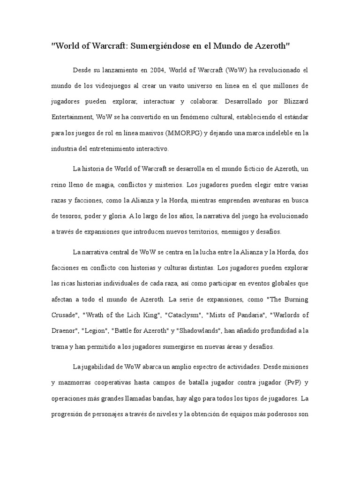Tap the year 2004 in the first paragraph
[x=157, y=70]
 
